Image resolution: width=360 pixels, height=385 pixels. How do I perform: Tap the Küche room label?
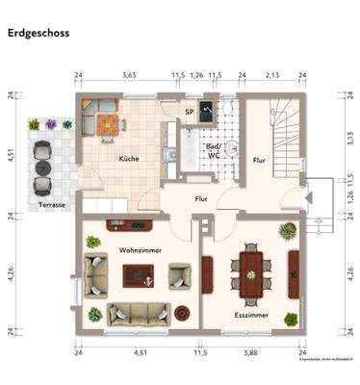(130, 159)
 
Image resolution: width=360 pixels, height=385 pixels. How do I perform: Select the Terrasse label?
(53, 205)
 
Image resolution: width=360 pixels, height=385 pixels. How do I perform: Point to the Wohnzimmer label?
(141, 249)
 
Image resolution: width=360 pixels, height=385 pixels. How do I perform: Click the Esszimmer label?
(250, 315)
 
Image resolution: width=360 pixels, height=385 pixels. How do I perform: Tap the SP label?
(190, 113)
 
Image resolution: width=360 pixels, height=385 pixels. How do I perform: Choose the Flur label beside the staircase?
(258, 161)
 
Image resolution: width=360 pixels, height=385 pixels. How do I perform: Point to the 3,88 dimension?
(250, 353)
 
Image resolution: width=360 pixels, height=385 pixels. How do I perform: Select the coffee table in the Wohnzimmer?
(138, 275)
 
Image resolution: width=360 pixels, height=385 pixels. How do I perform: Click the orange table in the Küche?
(108, 122)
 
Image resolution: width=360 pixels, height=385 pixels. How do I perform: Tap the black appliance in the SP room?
(206, 107)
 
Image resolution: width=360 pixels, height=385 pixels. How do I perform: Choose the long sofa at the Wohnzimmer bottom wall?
(139, 314)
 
